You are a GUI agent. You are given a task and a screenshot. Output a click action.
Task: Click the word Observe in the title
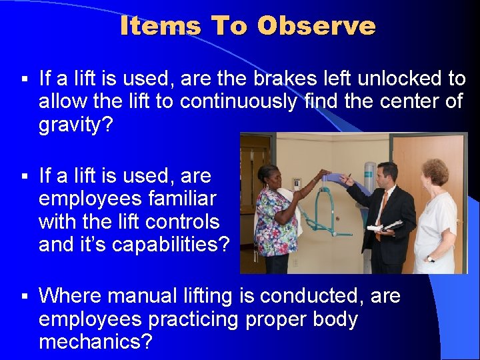tap(316, 25)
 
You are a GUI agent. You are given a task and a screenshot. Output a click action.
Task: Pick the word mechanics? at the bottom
tap(95, 342)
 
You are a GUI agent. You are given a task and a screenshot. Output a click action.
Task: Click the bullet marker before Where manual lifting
tap(23, 296)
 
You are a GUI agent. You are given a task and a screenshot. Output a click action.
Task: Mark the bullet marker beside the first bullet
tap(23, 79)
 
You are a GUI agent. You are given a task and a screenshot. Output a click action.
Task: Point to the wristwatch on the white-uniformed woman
tap(430, 258)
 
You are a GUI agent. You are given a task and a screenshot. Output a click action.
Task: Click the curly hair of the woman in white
tap(435, 171)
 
